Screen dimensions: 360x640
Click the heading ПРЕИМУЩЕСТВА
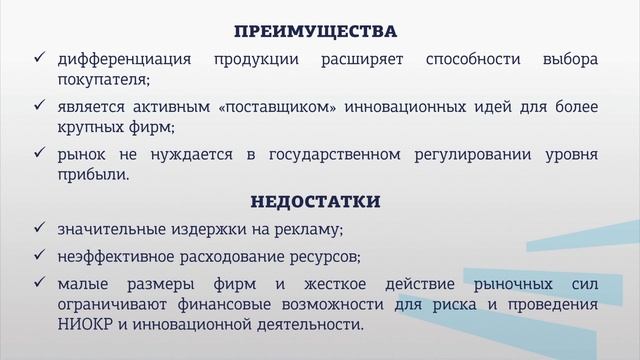(315, 30)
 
